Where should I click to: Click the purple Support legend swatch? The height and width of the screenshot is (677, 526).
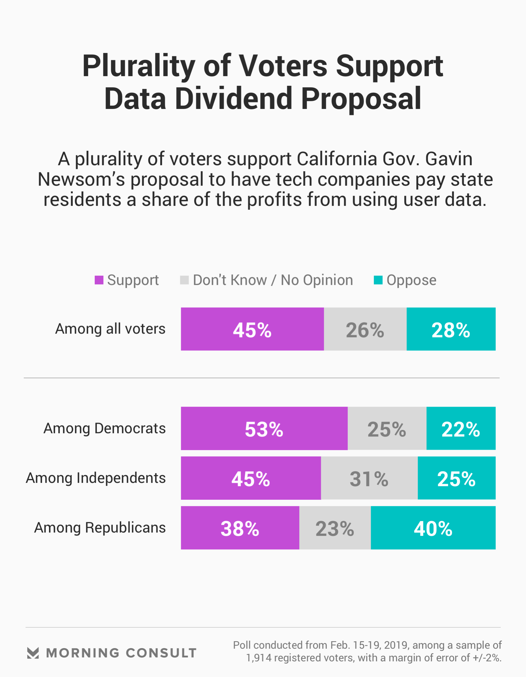coord(99,280)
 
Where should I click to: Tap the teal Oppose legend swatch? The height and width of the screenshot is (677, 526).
coord(378,280)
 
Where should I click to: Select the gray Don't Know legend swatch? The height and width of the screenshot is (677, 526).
coord(184,280)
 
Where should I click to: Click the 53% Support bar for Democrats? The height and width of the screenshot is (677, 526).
coord(264,428)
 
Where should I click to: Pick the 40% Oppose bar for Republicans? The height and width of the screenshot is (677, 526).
coord(433,528)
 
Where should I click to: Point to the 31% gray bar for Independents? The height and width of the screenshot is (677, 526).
coord(369,478)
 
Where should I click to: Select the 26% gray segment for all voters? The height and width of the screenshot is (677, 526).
coord(365,329)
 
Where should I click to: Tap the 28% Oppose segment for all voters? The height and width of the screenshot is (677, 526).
coord(451,329)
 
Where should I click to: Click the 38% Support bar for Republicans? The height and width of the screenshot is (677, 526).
coord(240,528)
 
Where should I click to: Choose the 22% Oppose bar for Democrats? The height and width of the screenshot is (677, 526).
coord(461,428)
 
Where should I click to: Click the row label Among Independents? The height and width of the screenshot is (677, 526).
coord(96,478)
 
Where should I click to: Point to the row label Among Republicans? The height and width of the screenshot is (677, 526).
coord(100,528)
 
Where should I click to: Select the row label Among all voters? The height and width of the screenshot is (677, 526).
coord(110,329)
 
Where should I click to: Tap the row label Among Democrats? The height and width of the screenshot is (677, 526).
coord(104,428)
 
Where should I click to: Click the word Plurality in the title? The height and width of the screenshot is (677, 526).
coord(138,66)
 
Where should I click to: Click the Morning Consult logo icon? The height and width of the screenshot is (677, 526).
coord(33,653)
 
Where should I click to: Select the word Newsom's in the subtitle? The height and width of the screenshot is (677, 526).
coord(81,179)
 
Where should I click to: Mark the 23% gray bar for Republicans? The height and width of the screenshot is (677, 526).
coord(334,528)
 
